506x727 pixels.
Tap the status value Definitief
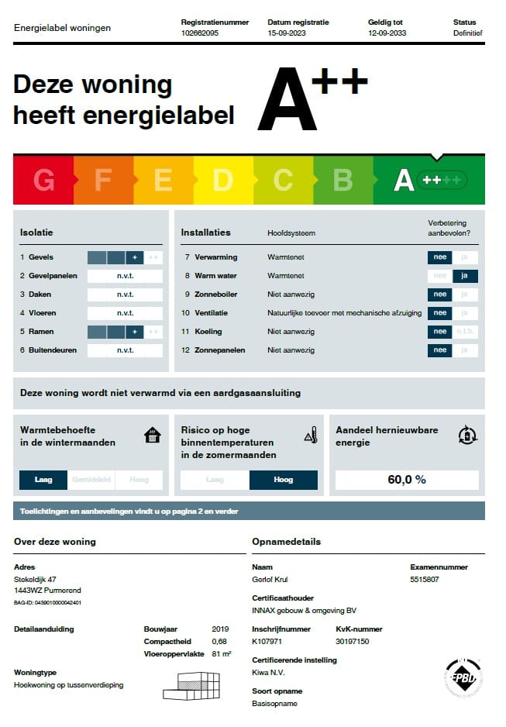[x=468, y=34]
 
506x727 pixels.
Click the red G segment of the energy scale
[x=43, y=180]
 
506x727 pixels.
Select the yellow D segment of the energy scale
[x=222, y=180]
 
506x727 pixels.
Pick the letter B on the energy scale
[x=342, y=180]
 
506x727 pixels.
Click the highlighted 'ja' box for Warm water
[x=465, y=276]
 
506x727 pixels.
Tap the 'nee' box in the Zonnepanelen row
[x=440, y=350]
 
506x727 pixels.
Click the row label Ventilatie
[x=212, y=313]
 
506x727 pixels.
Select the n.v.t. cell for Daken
[x=125, y=295]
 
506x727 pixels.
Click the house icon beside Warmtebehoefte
[x=153, y=436]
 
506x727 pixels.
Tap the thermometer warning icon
[x=311, y=436]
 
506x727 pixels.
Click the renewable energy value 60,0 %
[x=407, y=480]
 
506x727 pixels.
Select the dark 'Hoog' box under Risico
[x=283, y=480]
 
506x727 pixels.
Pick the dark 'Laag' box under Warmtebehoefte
[x=43, y=480]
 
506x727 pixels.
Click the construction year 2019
[x=220, y=629]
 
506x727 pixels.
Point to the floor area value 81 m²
[x=222, y=654]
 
